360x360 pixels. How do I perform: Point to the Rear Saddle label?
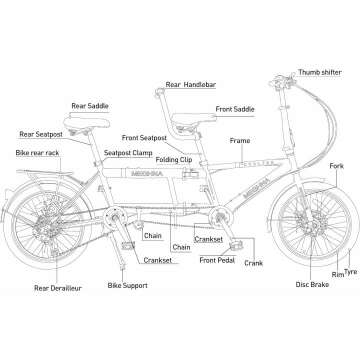(91, 105)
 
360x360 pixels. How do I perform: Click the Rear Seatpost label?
(43, 132)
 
